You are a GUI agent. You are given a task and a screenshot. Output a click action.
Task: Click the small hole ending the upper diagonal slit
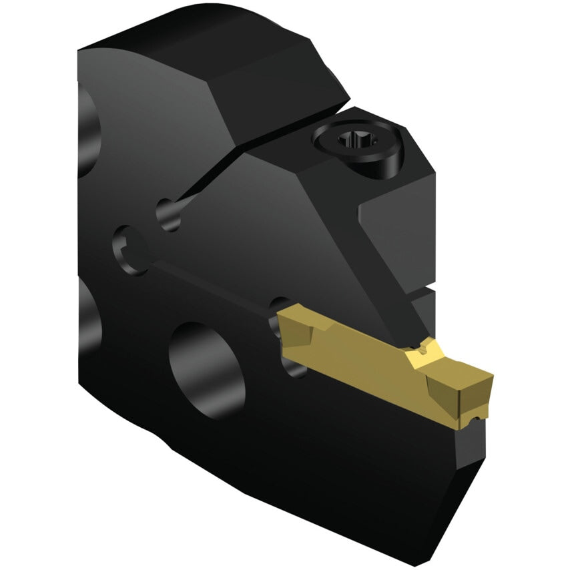tap(168, 214)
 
